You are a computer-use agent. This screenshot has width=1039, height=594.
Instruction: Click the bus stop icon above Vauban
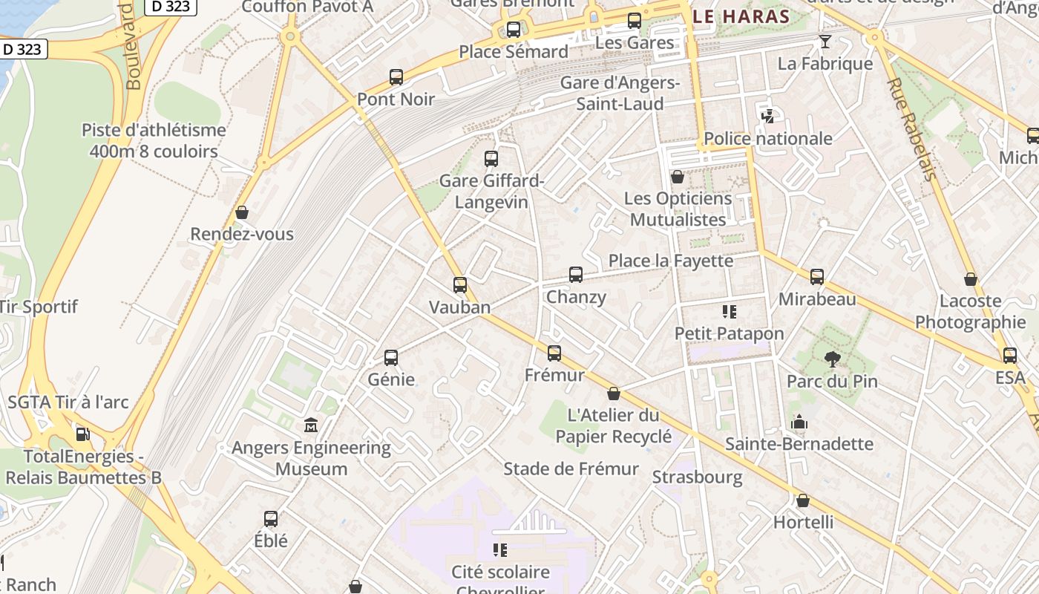point(460,285)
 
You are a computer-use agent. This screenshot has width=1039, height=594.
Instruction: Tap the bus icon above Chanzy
point(576,275)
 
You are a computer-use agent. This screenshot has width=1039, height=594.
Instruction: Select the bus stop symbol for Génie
point(391,358)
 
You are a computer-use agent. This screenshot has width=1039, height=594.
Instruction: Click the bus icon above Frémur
point(554,353)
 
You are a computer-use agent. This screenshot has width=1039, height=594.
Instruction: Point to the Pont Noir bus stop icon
point(396,77)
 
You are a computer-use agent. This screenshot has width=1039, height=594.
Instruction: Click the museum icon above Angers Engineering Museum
point(311,426)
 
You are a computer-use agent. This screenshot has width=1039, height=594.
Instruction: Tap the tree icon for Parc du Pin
point(832,360)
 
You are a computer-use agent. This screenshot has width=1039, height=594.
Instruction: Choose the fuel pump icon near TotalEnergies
point(83,434)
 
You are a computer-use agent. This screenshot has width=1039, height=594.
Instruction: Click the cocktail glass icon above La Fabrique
point(825,42)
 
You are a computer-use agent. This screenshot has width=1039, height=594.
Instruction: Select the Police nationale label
point(768,139)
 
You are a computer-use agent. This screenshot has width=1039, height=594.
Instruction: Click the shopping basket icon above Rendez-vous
point(241,213)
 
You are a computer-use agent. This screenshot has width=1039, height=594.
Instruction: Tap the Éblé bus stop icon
point(271,519)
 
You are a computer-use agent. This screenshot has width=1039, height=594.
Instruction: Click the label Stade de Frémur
point(571,469)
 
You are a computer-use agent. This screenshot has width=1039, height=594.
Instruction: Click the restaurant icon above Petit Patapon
point(729,312)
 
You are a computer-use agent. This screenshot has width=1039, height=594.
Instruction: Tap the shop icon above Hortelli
point(803,501)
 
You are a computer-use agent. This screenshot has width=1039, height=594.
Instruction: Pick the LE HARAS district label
point(740,16)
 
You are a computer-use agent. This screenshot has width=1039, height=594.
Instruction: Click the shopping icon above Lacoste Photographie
point(970,280)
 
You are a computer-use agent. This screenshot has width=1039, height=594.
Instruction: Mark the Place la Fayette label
point(671,261)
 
